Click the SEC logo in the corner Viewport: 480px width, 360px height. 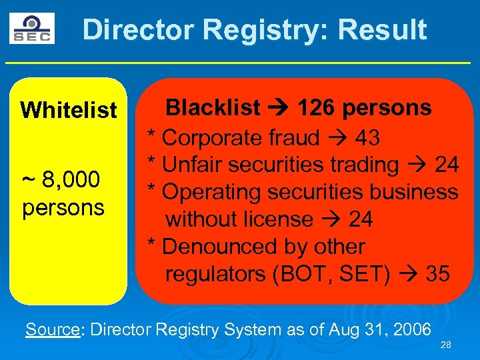pos(31,29)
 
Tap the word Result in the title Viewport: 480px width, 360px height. pos(382,30)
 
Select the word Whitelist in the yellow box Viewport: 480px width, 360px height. pos(69,110)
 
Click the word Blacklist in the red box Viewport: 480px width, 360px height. pos(213,107)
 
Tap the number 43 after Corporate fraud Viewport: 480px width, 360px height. pos(368,138)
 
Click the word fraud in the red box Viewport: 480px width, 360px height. pos(294,138)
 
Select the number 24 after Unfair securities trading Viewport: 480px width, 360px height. pos(446,165)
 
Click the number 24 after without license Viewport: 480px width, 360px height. pos(361,219)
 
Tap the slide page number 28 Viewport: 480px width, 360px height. pos(446,345)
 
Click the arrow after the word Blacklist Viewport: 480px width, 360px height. pos(275,107)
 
